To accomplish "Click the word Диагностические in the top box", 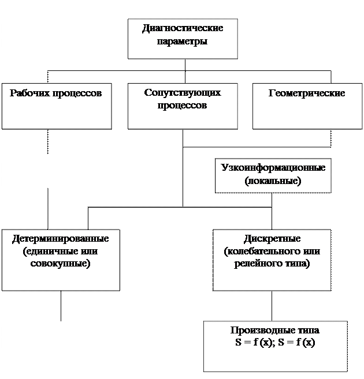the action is [x=182, y=29].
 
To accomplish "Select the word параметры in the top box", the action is [x=182, y=42].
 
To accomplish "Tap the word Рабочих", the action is [x=28, y=93].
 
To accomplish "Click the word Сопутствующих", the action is [x=182, y=93].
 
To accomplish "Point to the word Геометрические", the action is [x=307, y=93].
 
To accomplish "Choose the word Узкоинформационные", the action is [x=273, y=168].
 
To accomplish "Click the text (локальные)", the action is [x=273, y=181].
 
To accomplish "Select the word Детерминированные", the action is [x=60, y=238].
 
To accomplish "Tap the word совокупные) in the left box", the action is [x=60, y=264].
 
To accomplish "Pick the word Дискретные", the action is [x=272, y=238].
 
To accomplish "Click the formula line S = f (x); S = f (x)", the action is [x=275, y=342].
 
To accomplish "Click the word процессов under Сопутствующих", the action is [x=182, y=106].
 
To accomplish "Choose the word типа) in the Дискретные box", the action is [x=296, y=264].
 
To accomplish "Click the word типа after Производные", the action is [x=306, y=331].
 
